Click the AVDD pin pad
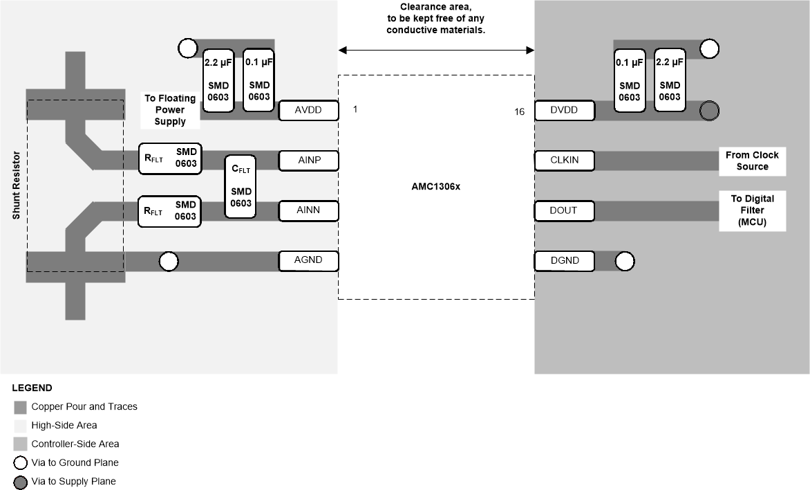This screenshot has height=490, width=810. click(309, 110)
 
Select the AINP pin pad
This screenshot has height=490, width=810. click(309, 161)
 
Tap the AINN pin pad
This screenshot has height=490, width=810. click(309, 210)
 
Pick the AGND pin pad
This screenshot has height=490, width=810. click(309, 261)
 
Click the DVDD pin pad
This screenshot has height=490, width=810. click(564, 110)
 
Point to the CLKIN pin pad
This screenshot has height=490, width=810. click(564, 161)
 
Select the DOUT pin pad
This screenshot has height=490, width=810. click(564, 210)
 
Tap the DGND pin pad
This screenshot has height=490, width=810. click(564, 261)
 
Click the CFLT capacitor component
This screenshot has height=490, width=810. click(241, 186)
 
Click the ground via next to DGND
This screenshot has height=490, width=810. click(624, 261)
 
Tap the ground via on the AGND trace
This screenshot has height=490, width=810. click(169, 261)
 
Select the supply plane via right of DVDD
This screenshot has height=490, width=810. click(709, 111)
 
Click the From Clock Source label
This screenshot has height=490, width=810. click(752, 161)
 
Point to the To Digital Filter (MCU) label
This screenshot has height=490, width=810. click(752, 210)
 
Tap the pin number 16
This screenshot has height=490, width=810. click(519, 111)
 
